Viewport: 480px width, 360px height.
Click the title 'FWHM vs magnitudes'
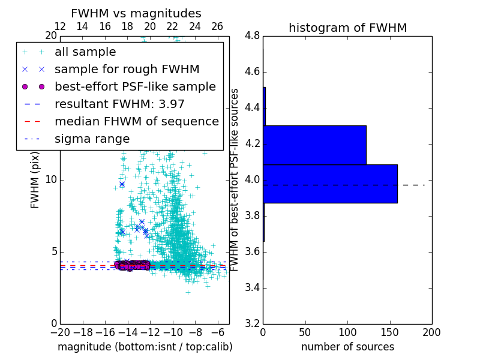136,13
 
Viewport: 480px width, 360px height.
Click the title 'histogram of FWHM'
347,28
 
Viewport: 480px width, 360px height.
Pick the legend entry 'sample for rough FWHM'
127,70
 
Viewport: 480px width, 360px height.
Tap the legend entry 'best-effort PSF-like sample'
135,86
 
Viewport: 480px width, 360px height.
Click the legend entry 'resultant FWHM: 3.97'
119,104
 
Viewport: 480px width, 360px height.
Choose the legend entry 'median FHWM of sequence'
136,121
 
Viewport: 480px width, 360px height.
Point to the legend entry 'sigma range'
92,139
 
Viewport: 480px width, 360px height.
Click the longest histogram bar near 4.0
330,184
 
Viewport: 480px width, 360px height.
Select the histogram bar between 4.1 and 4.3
314,145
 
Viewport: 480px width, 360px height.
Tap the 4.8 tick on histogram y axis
253,36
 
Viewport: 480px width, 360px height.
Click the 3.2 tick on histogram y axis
253,323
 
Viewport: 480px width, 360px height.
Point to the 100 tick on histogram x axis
347,332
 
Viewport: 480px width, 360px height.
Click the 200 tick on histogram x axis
431,332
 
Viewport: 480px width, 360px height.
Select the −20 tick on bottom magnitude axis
60,332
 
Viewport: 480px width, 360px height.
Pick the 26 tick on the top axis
217,26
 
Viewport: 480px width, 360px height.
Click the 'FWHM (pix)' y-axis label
35,180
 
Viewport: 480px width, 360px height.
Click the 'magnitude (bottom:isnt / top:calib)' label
145,347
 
